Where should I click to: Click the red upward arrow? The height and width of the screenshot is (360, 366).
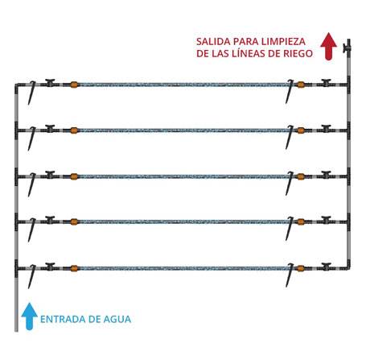(x=329, y=46)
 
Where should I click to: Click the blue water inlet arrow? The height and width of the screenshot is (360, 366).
(x=30, y=317)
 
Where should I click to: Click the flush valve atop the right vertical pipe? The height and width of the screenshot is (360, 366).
(x=347, y=48)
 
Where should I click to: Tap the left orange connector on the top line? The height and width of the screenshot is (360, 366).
(x=74, y=85)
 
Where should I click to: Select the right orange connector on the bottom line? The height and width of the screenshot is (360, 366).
(x=301, y=268)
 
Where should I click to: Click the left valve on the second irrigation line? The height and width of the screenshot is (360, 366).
(x=50, y=128)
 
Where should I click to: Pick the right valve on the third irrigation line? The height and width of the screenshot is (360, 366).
(x=326, y=175)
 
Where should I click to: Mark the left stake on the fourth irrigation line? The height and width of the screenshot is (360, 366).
(x=32, y=230)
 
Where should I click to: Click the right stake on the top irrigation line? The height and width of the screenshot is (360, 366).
(x=290, y=91)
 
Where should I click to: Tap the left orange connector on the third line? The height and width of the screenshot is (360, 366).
(x=74, y=176)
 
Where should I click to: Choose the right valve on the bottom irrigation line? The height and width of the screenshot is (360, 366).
(x=326, y=267)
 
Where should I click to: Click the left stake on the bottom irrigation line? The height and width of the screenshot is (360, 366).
(x=32, y=277)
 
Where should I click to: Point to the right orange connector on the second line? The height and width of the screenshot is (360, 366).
(x=301, y=130)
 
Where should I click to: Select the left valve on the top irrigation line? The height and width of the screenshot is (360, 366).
(x=50, y=83)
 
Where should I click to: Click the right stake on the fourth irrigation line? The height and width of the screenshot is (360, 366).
(x=290, y=229)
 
